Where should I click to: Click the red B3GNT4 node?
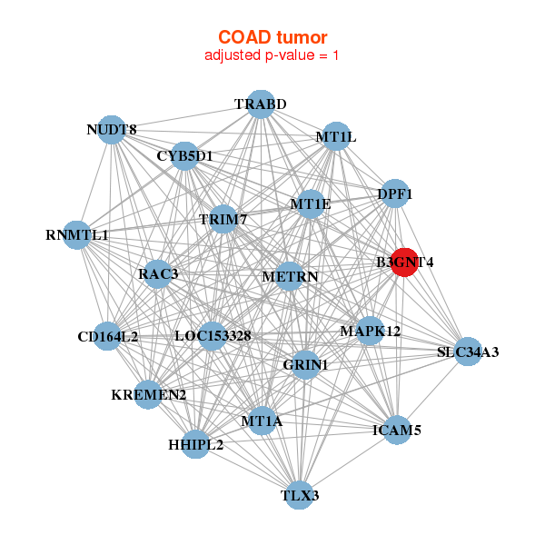pos(403,263)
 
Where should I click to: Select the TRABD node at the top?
pos(261,104)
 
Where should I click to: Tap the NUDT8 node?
pos(111,130)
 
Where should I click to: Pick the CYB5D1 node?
pos(184,156)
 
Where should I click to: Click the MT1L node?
pos(336,137)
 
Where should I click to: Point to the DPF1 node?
pos(394,193)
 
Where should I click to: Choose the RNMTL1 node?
pos(77,235)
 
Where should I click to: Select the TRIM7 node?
pos(223,220)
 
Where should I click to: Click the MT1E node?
pos(310,204)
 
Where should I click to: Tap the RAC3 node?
pos(158,273)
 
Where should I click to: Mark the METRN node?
pos(289,275)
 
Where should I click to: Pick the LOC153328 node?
pos(213,336)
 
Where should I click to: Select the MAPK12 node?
pos(371,331)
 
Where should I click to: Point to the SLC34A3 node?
pos(467,352)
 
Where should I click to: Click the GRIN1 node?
pos(305,364)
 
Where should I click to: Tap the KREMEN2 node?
pos(148,395)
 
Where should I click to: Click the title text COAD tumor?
pos(272,37)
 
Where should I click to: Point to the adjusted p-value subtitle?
pos(272,55)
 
